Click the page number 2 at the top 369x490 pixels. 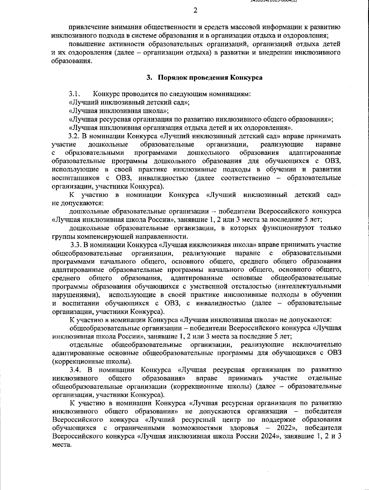point(195,11)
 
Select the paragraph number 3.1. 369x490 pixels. point(74,94)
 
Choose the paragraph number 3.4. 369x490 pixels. point(75,369)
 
